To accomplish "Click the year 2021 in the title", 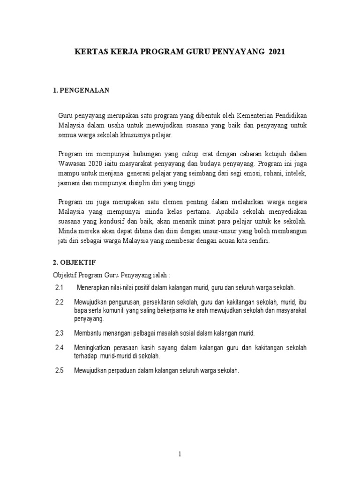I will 277,54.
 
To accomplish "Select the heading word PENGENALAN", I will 84,90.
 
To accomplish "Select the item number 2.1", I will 59,287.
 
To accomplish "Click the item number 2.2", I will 59,302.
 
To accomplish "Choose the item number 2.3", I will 59,333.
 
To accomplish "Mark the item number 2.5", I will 59,370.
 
